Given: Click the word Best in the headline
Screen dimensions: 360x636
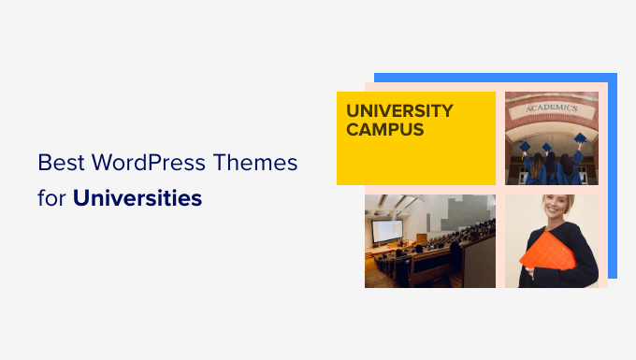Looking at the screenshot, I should click(58, 164).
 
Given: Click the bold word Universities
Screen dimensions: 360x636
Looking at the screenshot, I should click(137, 198).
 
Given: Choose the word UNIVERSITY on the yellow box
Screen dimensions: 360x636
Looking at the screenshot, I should click(399, 110).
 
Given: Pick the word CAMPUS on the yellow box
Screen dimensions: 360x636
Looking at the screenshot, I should click(385, 130).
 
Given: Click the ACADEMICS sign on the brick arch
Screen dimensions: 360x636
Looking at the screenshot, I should click(552, 107).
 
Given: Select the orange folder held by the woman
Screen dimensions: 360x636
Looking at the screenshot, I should click(549, 251).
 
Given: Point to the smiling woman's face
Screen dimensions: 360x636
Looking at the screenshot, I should click(553, 208).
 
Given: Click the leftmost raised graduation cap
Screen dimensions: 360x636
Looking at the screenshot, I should click(526, 146).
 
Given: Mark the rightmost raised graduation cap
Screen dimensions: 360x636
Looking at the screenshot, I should click(580, 137).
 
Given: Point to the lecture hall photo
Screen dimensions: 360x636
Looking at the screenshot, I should click(429, 240).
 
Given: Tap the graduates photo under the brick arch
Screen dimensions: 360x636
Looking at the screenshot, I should click(552, 137).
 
